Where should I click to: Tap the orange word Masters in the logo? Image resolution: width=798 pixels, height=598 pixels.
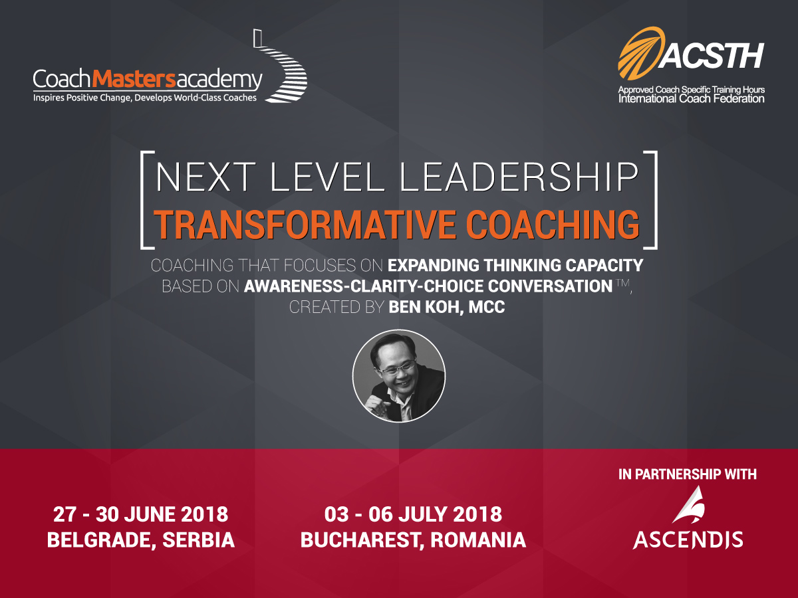(x=134, y=78)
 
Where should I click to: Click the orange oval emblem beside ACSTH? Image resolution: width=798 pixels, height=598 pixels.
(x=640, y=53)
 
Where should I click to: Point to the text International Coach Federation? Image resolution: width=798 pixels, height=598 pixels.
(x=691, y=99)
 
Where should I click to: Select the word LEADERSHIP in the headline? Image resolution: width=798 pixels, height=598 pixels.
(x=519, y=177)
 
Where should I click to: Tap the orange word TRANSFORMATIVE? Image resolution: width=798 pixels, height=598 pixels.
(x=305, y=225)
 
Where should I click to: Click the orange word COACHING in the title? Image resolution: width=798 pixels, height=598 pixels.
(x=553, y=225)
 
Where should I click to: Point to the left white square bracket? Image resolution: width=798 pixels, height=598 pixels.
(x=142, y=200)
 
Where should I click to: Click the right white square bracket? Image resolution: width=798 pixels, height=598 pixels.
(x=656, y=200)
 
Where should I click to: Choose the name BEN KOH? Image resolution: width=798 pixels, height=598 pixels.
(x=426, y=307)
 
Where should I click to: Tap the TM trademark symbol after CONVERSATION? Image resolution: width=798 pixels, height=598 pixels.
(x=623, y=283)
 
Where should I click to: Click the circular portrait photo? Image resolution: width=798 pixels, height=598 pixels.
(x=399, y=376)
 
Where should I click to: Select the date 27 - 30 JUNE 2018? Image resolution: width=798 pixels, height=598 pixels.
(x=141, y=514)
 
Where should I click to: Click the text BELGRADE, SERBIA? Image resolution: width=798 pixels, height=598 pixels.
(x=141, y=540)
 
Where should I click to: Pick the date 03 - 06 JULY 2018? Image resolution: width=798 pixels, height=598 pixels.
(x=413, y=514)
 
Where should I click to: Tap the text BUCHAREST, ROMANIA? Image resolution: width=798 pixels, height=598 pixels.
(x=413, y=540)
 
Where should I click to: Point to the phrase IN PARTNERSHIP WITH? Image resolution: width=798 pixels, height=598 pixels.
(x=688, y=474)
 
